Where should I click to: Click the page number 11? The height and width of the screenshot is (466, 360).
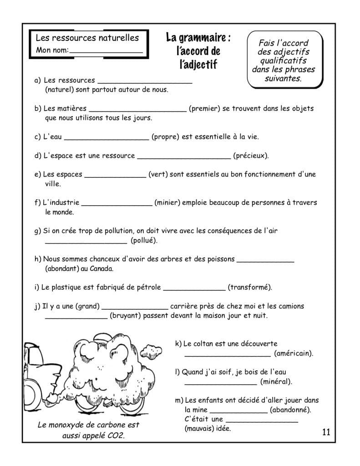tap(325, 431)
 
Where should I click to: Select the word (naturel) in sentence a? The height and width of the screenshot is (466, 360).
tap(61, 90)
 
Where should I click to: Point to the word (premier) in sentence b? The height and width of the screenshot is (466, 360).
tap(204, 109)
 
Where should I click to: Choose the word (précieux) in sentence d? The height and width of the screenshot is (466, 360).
tap(251, 156)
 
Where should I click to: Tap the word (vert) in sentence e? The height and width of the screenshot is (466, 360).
tap(157, 174)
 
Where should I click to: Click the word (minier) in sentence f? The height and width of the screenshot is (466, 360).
tap(169, 203)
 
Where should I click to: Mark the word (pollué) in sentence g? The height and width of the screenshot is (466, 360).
tap(144, 240)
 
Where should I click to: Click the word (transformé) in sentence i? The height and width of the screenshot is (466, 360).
tap(249, 287)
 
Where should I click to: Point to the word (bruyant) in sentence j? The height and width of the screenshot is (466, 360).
tap(126, 315)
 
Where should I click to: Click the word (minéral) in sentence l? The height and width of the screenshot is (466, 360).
tap(276, 381)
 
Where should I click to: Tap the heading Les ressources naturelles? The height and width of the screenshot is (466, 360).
tap(87, 38)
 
